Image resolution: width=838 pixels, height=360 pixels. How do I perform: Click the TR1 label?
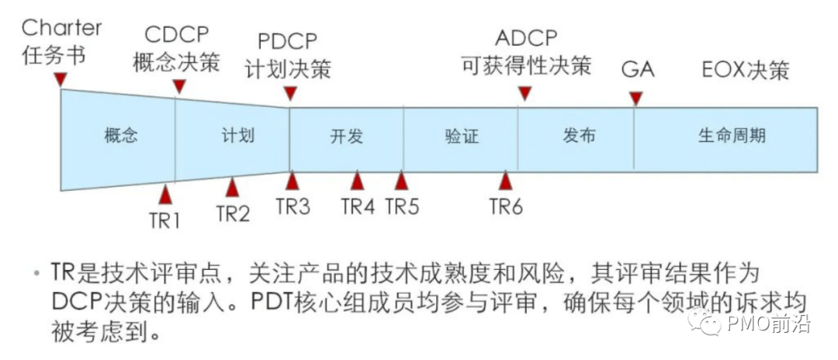coord(164,220)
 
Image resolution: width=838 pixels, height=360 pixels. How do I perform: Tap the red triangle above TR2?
coord(232,187)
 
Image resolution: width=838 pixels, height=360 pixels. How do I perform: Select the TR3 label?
coord(293,207)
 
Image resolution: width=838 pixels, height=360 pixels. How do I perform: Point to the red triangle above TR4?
coord(357,181)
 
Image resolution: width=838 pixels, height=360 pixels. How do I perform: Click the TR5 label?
coord(402,207)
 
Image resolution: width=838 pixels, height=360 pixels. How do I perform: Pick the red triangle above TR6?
coord(506,181)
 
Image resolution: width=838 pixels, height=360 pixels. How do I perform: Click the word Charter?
coord(61,28)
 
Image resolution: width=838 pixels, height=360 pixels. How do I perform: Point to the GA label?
coord(637,69)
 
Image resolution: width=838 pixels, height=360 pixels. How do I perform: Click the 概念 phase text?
coord(120,136)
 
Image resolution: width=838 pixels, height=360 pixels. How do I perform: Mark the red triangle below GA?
coord(636,99)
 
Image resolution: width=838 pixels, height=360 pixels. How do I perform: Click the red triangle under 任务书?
coord(61,80)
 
